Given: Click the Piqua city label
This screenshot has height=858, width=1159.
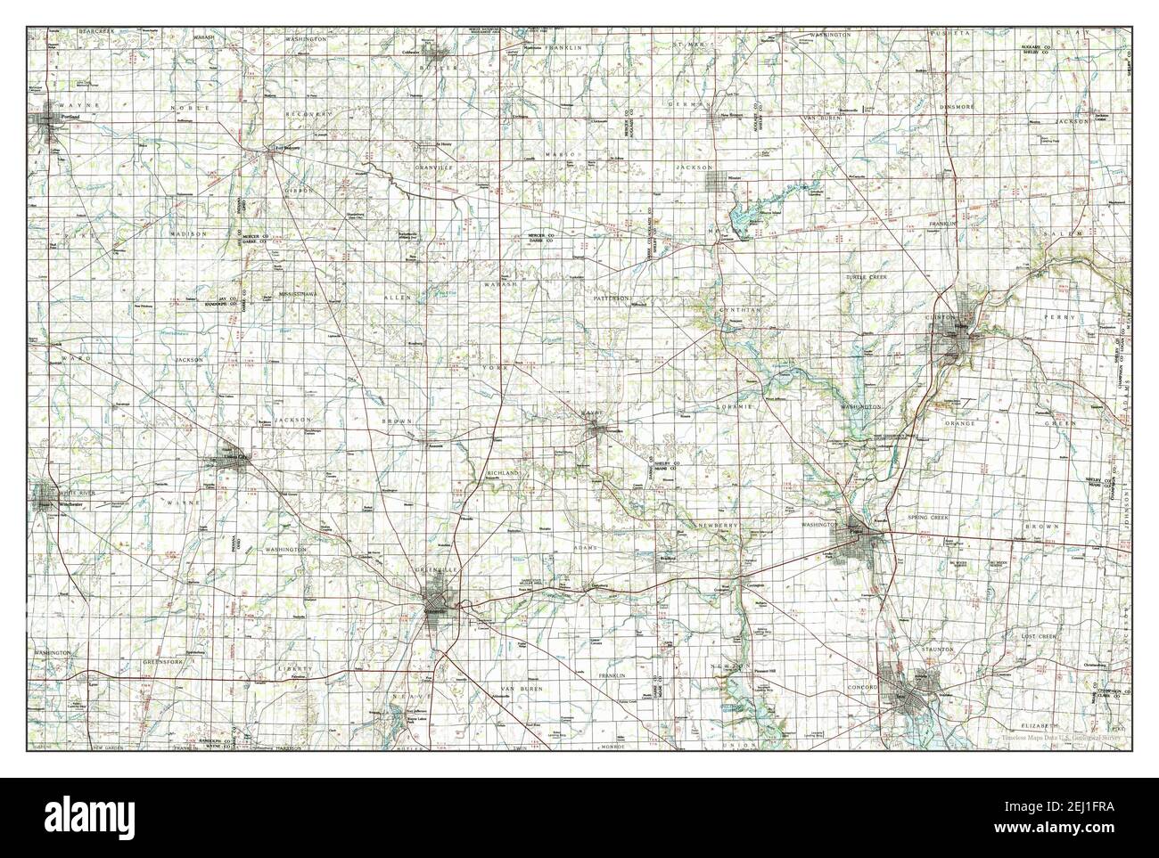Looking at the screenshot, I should tap(857, 533).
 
